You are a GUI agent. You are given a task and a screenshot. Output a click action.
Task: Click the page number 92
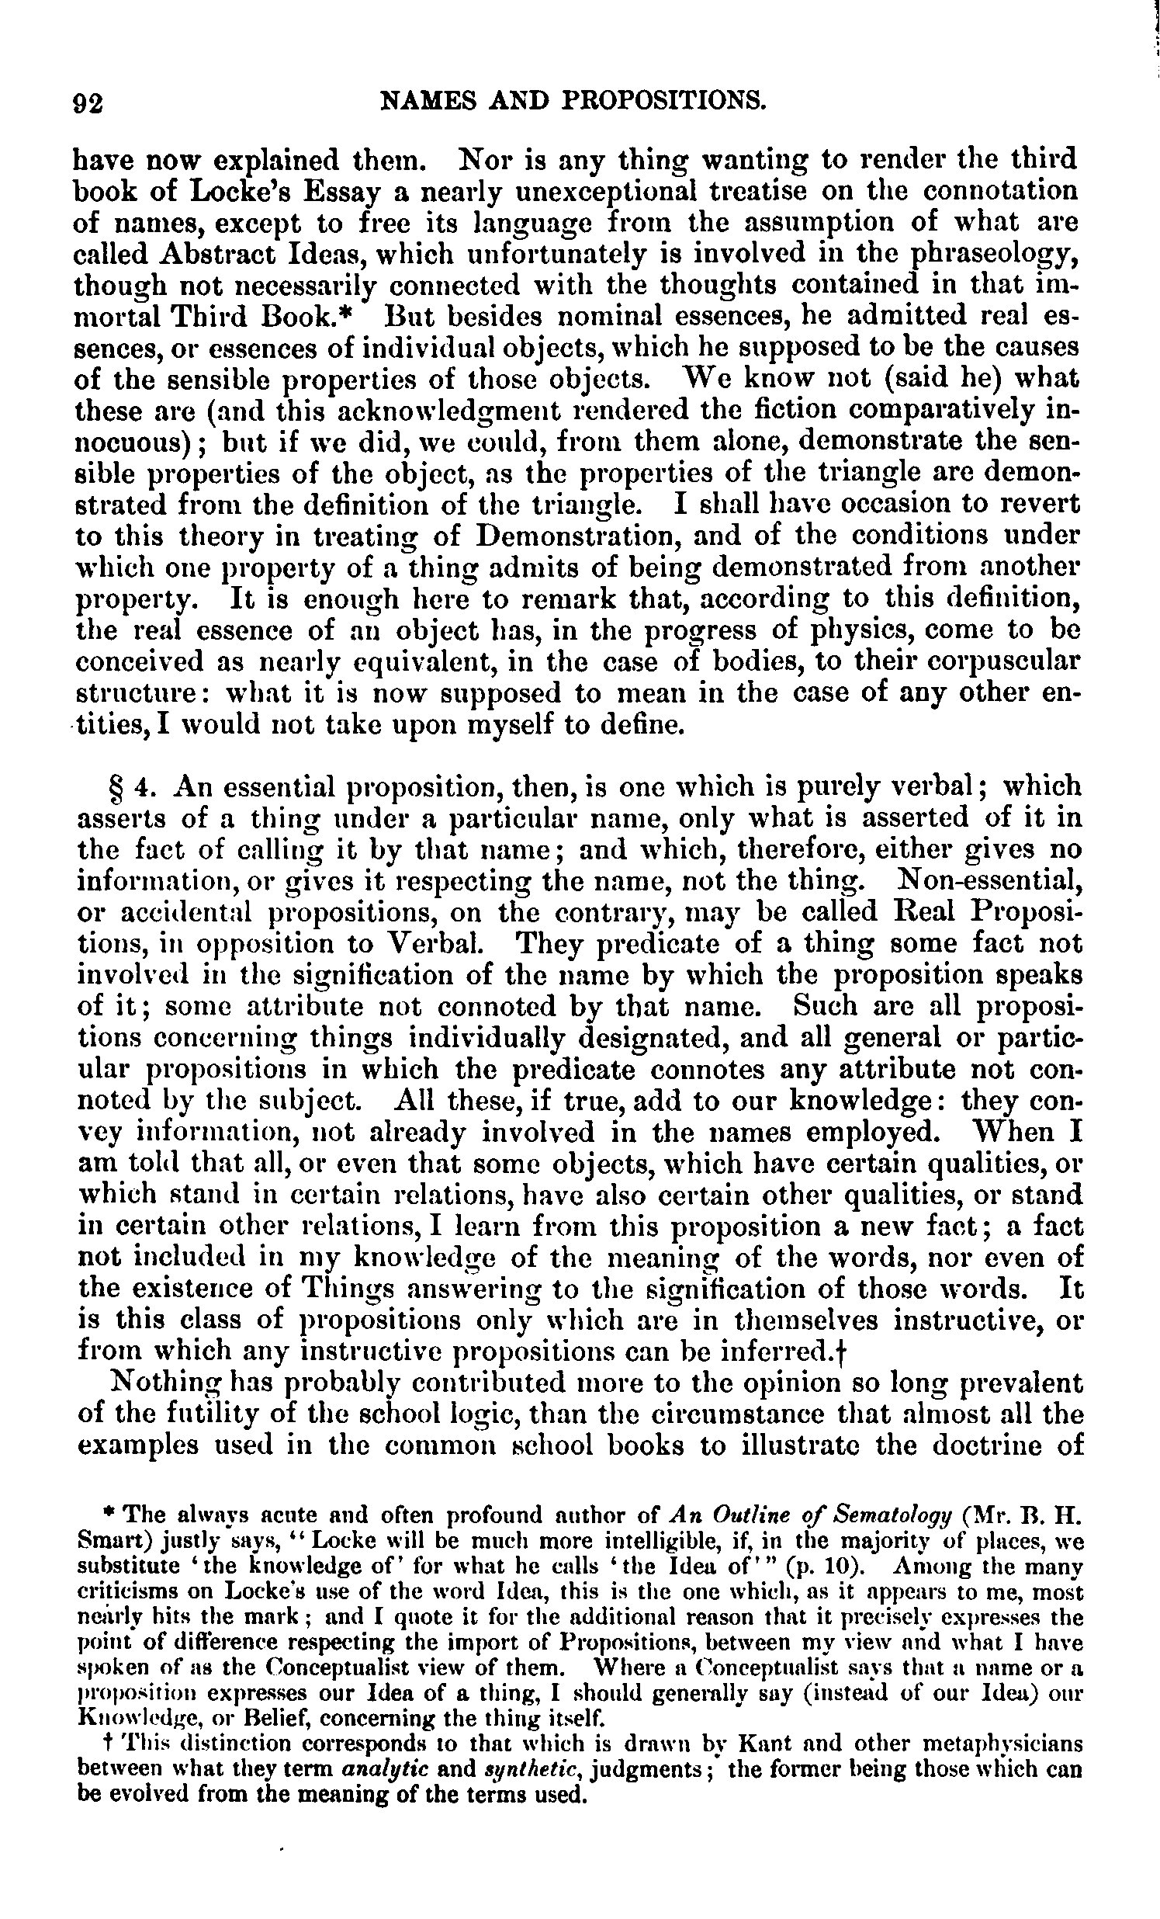88,102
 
